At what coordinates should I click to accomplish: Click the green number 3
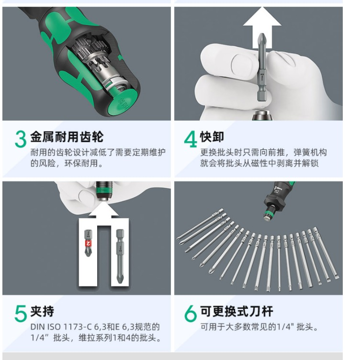21,139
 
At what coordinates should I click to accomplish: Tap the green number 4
191,139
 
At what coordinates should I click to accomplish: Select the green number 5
21,314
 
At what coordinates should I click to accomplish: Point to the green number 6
191,314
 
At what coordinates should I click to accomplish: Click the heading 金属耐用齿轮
67,137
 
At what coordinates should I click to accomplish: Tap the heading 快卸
212,137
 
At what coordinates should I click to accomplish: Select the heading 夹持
42,311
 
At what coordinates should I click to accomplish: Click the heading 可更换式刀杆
236,311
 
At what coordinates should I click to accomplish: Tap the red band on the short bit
89,244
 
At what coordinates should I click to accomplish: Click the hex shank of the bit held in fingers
262,97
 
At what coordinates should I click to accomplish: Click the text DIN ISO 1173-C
61,326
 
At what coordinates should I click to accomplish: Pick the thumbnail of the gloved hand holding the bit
259,64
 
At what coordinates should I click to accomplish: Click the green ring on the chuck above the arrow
104,190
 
